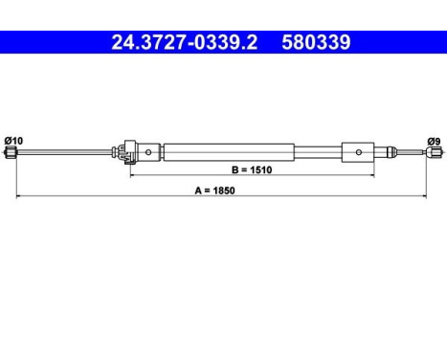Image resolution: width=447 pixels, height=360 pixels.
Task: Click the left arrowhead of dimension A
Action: [x=19, y=197]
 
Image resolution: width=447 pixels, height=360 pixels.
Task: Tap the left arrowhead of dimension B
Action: [x=133, y=177]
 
